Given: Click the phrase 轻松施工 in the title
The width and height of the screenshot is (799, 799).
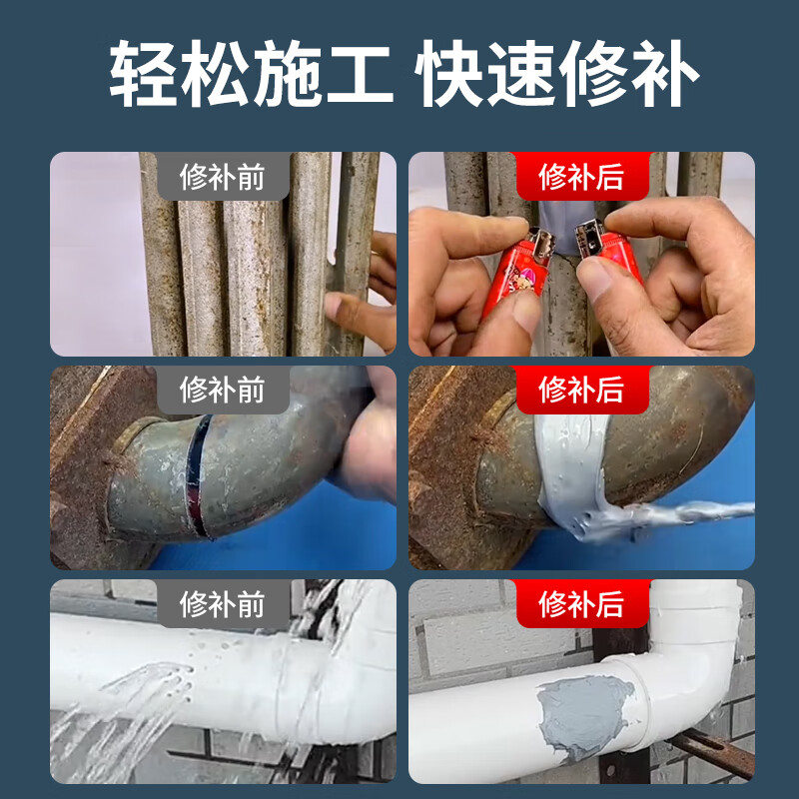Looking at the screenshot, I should (251, 76).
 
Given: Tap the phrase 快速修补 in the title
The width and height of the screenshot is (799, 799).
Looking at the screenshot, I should (558, 76).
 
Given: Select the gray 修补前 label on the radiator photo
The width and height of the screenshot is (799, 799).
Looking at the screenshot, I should (223, 177).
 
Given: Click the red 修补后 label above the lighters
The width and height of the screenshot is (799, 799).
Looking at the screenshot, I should (581, 177).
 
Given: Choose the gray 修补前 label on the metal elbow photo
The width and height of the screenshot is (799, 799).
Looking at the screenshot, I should (223, 390).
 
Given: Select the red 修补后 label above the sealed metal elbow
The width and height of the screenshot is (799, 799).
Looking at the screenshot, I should (581, 390).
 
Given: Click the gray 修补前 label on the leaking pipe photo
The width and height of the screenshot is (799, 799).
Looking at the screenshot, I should (223, 603).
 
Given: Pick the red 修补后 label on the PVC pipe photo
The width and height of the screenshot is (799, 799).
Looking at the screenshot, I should (581, 603).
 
